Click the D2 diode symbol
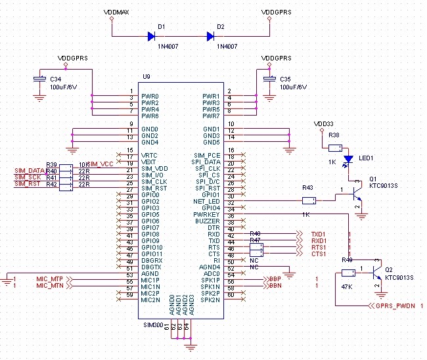(212, 37)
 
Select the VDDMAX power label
(116, 12)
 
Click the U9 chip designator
(146, 77)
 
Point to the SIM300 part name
(152, 325)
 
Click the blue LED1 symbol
(348, 159)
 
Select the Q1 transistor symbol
(355, 195)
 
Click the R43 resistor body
(309, 201)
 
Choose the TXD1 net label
(319, 234)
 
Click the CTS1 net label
(319, 254)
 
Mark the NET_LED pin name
(206, 201)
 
